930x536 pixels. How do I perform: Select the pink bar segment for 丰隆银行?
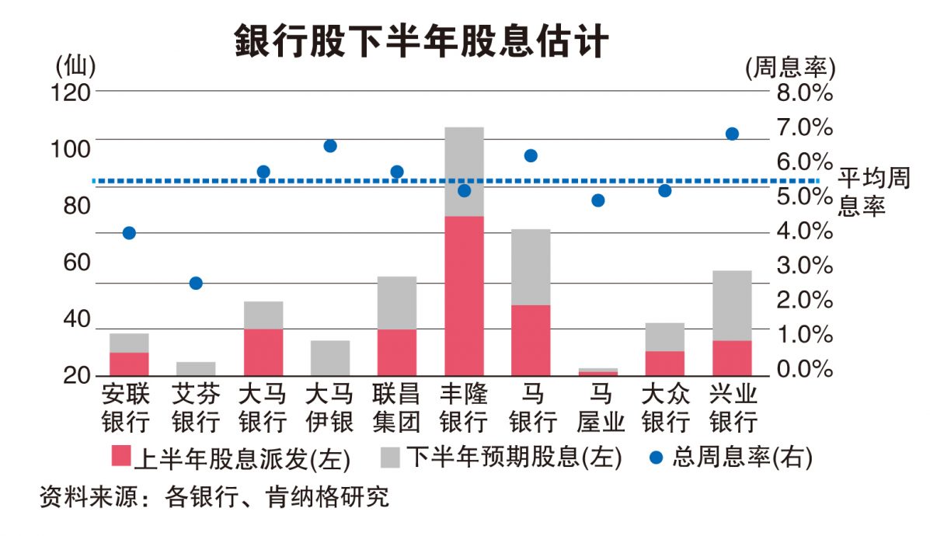coord(464,295)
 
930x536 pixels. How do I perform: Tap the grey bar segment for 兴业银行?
coord(732,305)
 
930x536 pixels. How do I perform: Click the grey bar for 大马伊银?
coord(330,357)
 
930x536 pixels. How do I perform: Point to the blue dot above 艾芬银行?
coord(196,284)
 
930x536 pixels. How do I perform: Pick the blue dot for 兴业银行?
coord(732,134)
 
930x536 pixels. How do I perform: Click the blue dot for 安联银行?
coord(129,233)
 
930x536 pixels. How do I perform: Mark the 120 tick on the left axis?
coord(71,92)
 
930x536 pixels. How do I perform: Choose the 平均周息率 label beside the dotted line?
coord(873,193)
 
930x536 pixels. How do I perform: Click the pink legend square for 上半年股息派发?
coord(122,457)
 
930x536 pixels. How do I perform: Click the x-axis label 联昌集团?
coord(396,409)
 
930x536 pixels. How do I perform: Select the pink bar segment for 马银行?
coord(531,340)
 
